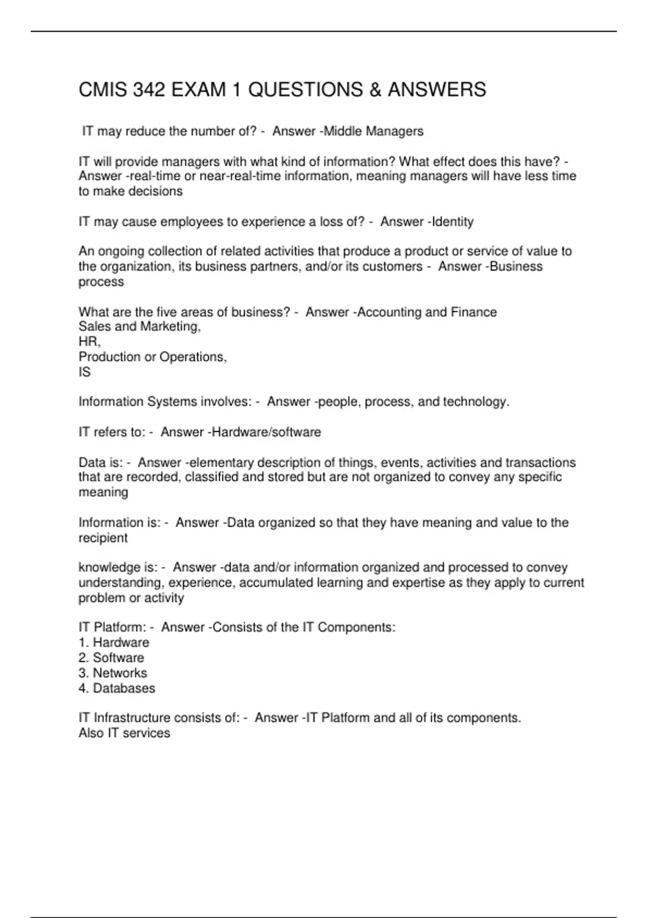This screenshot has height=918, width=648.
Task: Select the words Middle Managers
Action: (373, 131)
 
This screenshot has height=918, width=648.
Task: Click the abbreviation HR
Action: (89, 341)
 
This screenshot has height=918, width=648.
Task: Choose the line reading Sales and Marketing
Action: (139, 326)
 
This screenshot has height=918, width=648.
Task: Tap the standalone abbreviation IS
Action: (85, 372)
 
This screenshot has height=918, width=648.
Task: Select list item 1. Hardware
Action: (113, 643)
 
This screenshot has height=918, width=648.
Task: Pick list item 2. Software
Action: (111, 658)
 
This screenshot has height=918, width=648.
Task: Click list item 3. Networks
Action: (112, 673)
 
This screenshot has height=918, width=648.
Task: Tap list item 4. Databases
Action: (117, 688)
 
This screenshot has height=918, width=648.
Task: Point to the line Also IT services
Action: (124, 733)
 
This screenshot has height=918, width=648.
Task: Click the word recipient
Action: (103, 538)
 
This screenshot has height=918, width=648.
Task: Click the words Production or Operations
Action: (152, 357)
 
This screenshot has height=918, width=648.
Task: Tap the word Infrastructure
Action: (135, 718)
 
